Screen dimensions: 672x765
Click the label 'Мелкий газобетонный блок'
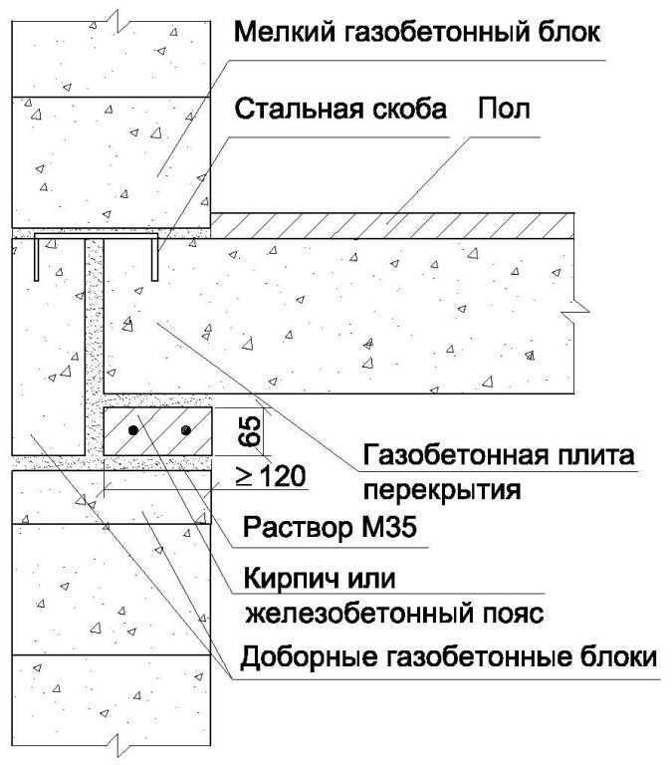pos(417,32)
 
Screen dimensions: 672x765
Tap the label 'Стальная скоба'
pos(340,109)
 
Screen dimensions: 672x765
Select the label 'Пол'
pos(504,109)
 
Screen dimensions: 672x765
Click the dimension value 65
pos(250,431)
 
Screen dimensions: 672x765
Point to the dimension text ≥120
pos(271,476)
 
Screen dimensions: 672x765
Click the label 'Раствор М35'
pos(330,527)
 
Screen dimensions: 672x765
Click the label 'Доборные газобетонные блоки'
pos(449,657)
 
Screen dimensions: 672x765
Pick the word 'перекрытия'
pos(442,490)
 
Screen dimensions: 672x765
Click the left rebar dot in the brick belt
pos(133,430)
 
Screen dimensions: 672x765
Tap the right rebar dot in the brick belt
pos(186,430)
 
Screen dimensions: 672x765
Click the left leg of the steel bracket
pos(37,259)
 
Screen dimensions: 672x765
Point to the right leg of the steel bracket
pos(154,259)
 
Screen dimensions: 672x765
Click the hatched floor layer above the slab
pos(392,225)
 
